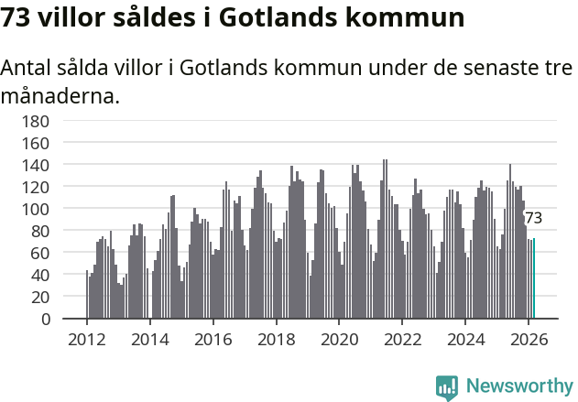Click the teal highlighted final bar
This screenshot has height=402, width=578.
tap(533, 279)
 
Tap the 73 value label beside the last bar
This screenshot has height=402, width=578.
tap(533, 218)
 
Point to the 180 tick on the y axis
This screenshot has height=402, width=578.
tap(60, 121)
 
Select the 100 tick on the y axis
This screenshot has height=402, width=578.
tap(60, 209)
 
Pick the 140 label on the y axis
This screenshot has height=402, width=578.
tap(60, 165)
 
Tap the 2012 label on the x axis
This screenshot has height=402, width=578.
tap(87, 339)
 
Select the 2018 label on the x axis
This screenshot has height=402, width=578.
tap(276, 339)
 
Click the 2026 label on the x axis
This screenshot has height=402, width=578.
tap(529, 339)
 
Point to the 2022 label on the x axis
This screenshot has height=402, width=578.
tap(402, 339)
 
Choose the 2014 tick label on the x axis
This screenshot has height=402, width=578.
tap(150, 339)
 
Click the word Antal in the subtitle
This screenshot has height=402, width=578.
tap(27, 69)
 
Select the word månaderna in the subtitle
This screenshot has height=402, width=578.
tap(60, 95)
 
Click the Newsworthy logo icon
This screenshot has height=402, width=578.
tap(447, 386)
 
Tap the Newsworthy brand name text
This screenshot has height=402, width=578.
tap(518, 386)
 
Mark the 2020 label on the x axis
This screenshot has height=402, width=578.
tap(339, 339)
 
